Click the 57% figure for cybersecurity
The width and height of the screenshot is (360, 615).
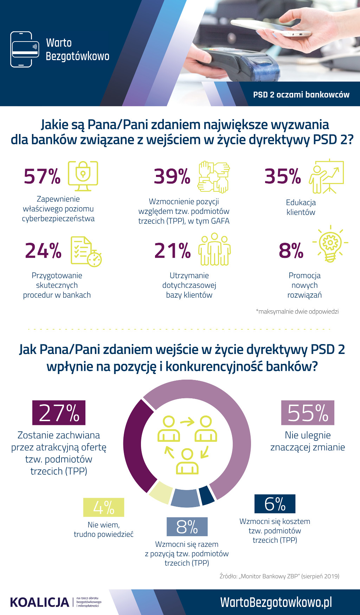pos(42,176)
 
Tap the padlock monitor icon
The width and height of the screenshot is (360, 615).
pos(83,176)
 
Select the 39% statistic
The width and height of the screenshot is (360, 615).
pos(172,176)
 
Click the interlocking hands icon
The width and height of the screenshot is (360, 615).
pos(214,177)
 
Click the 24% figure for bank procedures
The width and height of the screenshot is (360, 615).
pos(43,251)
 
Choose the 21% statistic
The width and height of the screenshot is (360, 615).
pos(172,251)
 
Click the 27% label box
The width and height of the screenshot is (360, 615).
pos(59,413)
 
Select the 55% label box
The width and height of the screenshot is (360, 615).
pos(308,413)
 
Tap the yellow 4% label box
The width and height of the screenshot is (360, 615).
pos(104,507)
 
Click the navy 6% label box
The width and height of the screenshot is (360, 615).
pos(275,504)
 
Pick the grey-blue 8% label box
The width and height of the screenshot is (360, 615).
pos(187,527)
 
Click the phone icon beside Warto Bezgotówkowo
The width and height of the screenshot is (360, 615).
pos(24,49)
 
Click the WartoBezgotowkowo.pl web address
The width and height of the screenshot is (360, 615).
pos(276,602)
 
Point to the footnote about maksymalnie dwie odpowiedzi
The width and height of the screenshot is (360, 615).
pos(297,311)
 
